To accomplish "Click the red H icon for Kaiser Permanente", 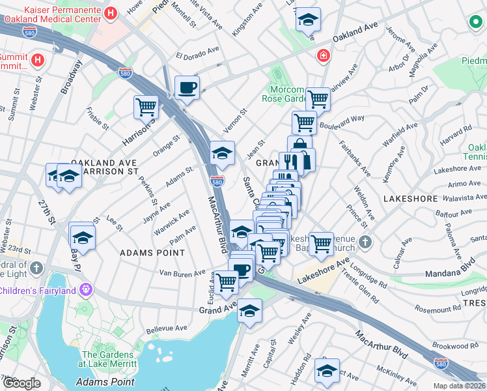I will point(111,13).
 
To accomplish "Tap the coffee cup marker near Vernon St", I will point(187,87).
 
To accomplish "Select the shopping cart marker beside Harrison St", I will point(146,106).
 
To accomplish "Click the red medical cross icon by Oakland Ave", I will point(322,57).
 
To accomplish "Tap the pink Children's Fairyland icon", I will point(86,287).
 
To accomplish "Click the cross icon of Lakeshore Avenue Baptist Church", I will point(365,242).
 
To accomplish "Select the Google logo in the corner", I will point(21,383).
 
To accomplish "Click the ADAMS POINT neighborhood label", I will point(152,252).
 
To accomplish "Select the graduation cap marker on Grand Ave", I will point(249,310).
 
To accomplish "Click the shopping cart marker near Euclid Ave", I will point(226,282).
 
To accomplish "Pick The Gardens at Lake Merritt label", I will point(108,358).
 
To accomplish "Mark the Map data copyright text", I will point(460,386).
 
